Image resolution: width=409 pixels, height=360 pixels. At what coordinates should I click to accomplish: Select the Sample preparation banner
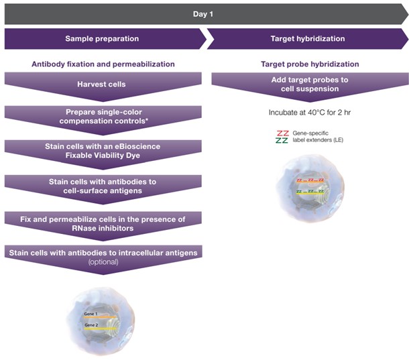pos(102,39)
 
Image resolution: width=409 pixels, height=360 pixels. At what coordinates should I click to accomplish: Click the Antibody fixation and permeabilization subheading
pos(103,64)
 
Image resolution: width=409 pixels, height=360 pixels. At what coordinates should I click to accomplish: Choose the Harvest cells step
pos(103,84)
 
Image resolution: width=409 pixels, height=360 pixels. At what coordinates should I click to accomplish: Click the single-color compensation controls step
pos(103,116)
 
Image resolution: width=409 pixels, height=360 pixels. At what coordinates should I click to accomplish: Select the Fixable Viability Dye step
pos(103,150)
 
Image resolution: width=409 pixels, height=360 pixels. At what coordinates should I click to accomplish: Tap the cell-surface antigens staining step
pos(103,186)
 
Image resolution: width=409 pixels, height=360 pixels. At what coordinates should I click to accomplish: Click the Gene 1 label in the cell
pos(91,314)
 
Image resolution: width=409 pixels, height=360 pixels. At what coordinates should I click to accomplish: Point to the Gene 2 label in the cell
pos(91,324)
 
